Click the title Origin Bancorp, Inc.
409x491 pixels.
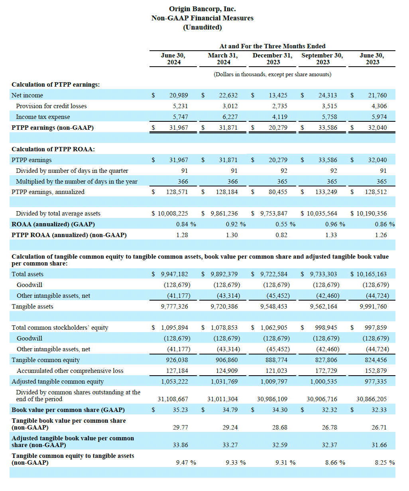tap(203, 9)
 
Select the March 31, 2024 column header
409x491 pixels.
tap(223, 59)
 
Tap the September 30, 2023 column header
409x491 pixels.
tap(322, 59)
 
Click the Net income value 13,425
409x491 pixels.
tap(278, 95)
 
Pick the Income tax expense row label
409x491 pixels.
tap(43, 117)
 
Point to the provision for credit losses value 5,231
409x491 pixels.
tap(180, 106)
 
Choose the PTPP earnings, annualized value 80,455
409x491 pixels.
tap(278, 192)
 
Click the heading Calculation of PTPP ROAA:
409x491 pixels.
tap(53, 149)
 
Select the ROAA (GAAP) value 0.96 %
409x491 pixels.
tap(335, 224)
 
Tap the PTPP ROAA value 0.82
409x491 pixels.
tap(281, 235)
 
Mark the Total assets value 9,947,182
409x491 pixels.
tap(175, 274)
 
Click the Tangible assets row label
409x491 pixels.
tap(32, 307)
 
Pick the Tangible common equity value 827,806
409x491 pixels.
tap(326, 360)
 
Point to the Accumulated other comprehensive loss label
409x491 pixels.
tap(70, 371)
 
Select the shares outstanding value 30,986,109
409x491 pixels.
tap(272, 399)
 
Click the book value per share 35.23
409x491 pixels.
tap(180, 410)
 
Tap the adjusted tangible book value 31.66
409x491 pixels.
tap(379, 445)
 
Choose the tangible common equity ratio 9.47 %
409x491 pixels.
tap(186, 463)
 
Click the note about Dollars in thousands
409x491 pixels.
tap(272, 75)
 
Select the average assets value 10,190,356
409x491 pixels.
tap(372, 214)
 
